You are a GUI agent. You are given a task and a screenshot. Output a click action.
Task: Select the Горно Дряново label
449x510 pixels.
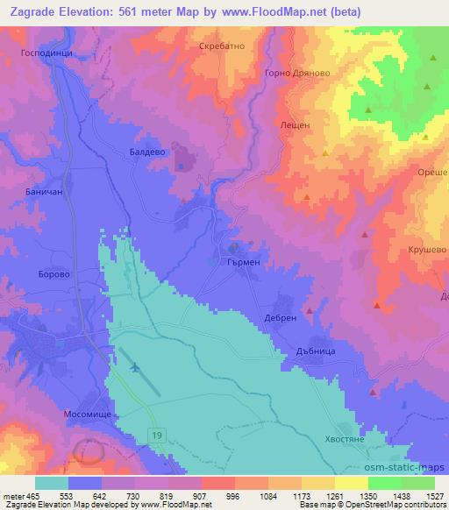pyautogui.click(x=293, y=73)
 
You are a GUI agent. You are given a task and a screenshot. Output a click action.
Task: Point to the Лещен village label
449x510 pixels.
pyautogui.click(x=295, y=125)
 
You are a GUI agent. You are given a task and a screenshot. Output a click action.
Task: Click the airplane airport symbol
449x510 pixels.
pyautogui.click(x=134, y=367)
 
